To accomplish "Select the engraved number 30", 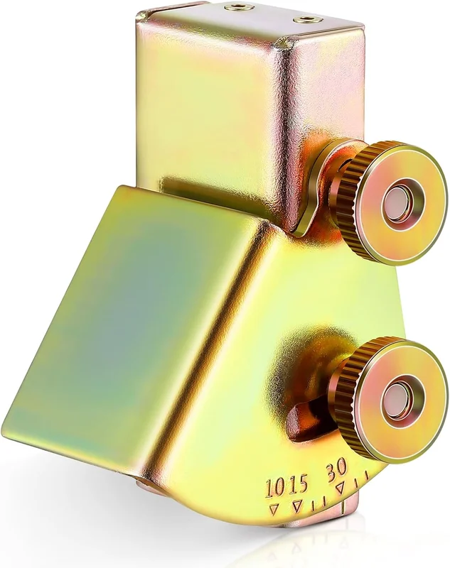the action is point(338,468).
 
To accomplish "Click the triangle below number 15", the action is point(298,504).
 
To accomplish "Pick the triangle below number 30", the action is point(341,488).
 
